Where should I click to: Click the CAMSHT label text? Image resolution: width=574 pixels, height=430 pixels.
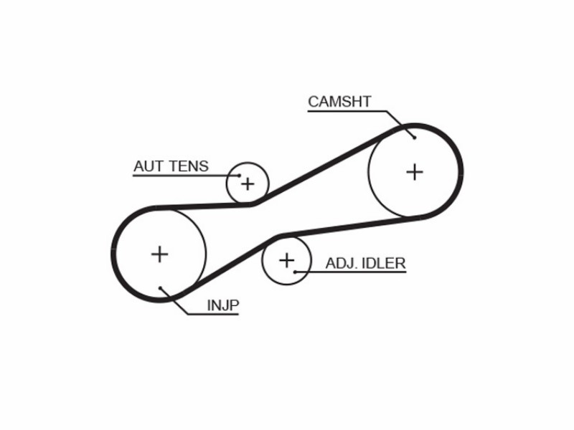pyautogui.click(x=339, y=102)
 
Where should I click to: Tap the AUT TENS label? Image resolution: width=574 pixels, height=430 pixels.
pyautogui.click(x=171, y=166)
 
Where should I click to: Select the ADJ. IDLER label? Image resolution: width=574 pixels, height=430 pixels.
pyautogui.click(x=365, y=263)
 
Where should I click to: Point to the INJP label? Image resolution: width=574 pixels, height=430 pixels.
pyautogui.click(x=223, y=305)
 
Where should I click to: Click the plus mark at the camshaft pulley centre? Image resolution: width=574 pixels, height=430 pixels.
pyautogui.click(x=415, y=172)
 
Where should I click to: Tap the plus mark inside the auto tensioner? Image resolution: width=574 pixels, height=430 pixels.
pyautogui.click(x=248, y=184)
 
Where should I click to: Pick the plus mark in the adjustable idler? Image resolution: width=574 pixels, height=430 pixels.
pyautogui.click(x=286, y=260)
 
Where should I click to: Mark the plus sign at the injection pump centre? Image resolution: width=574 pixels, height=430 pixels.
pyautogui.click(x=159, y=254)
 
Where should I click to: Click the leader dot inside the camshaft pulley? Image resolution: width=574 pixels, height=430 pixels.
pyautogui.click(x=415, y=138)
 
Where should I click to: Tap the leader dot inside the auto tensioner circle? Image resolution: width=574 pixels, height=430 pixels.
pyautogui.click(x=240, y=176)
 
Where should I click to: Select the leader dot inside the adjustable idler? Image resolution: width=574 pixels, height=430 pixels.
pyautogui.click(x=295, y=272)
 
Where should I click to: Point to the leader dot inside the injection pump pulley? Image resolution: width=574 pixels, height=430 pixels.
pyautogui.click(x=160, y=288)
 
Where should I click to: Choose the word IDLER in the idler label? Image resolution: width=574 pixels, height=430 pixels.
pyautogui.click(x=384, y=263)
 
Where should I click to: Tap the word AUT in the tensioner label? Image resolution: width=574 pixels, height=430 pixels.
pyautogui.click(x=149, y=166)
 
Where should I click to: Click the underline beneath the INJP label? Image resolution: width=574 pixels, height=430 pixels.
pyautogui.click(x=212, y=314)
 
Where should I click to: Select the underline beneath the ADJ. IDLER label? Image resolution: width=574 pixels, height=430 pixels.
pyautogui.click(x=351, y=272)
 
